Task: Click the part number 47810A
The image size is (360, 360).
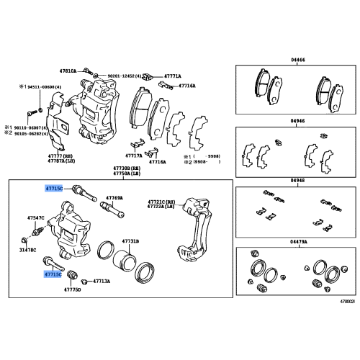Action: tap(68, 72)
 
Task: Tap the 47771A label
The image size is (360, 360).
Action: tap(171, 75)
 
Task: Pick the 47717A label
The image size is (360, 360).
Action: tap(133, 154)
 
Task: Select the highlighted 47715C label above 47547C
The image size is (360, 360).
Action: tap(54, 187)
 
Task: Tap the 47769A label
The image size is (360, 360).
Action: tap(114, 197)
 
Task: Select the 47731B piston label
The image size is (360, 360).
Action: tap(130, 241)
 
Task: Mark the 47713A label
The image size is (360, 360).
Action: tap(100, 282)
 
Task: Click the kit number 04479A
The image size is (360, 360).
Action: tap(299, 242)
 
